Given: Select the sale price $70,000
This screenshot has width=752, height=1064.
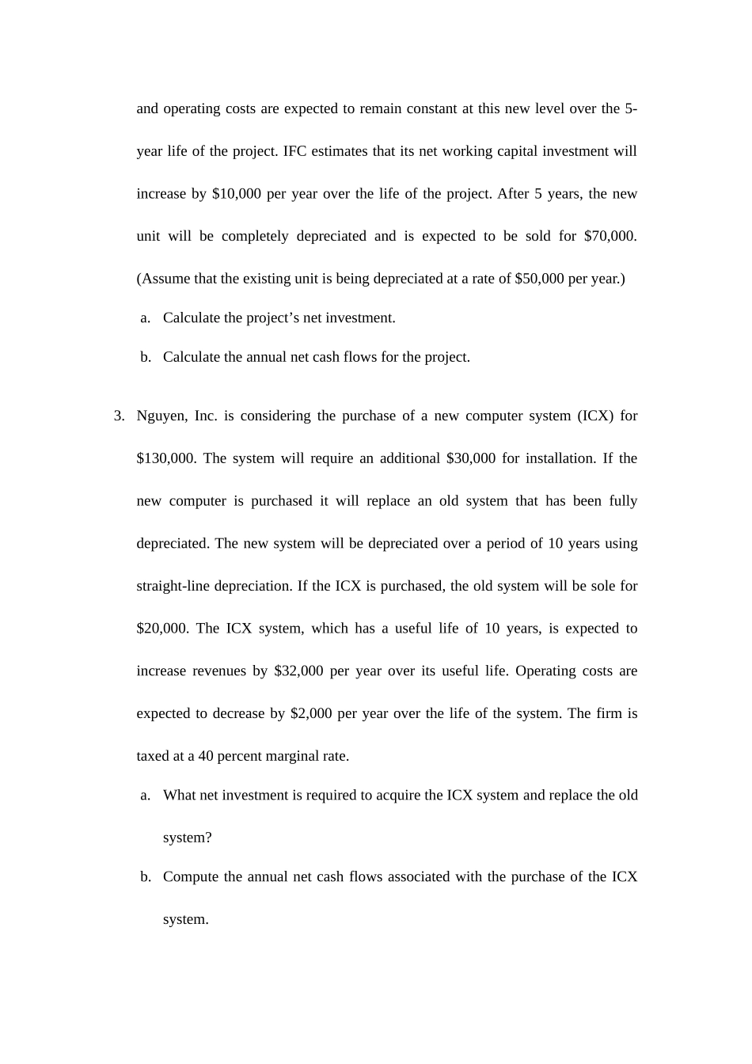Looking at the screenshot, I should coord(610,236).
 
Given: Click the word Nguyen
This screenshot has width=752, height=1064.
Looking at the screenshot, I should coord(160,416).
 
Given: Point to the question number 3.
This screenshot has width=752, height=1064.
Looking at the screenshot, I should coord(119,416).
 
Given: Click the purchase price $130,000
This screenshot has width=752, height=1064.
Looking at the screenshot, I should coord(165,458).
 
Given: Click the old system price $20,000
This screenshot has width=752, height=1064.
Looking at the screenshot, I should coord(161,629).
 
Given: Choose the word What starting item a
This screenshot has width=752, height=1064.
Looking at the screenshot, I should coord(179,796).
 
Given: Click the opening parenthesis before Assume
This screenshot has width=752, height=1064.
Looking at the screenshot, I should coord(139,279).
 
